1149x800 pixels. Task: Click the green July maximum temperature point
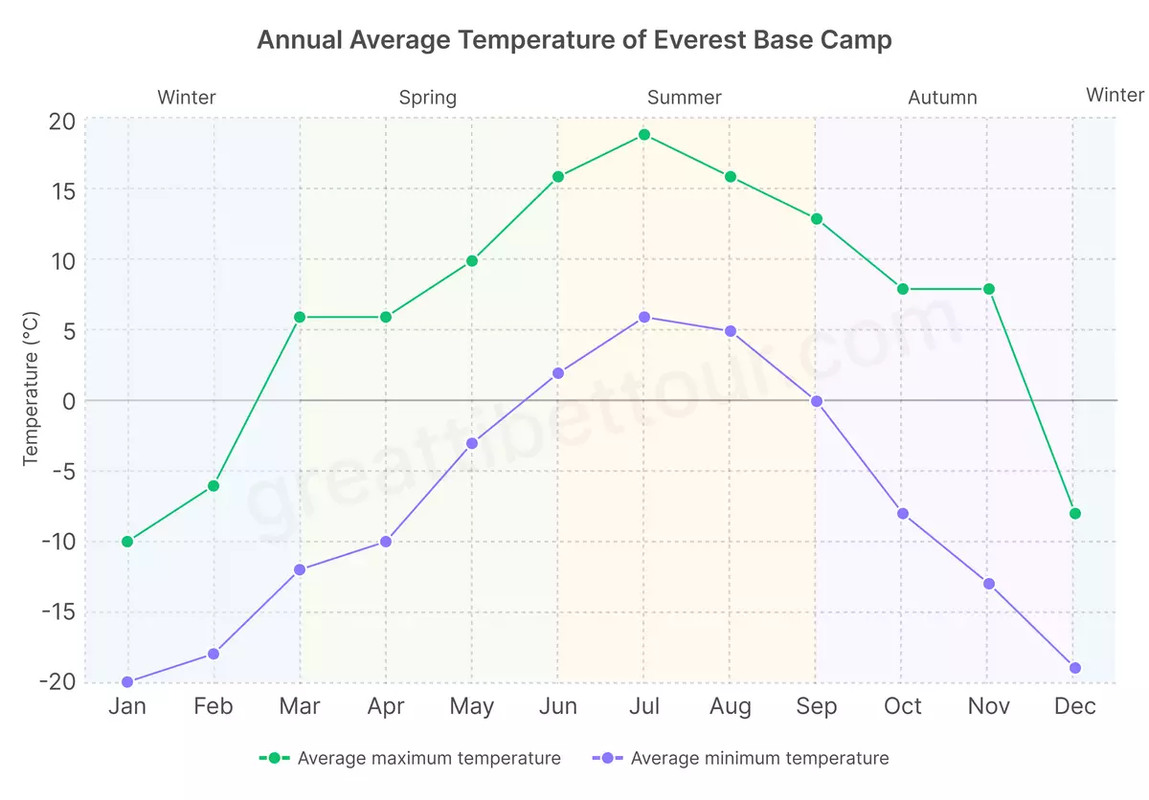[644, 135]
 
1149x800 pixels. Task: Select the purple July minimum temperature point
[644, 317]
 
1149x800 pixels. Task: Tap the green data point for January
[127, 542]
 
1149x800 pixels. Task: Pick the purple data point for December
[1075, 668]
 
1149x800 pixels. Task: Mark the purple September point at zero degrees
[817, 401]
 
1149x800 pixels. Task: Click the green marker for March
[300, 317]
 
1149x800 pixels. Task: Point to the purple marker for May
[472, 443]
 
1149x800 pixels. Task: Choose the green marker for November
[989, 289]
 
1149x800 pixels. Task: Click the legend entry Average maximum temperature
[428, 759]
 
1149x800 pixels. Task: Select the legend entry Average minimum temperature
[759, 759]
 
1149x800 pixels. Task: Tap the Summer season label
[684, 98]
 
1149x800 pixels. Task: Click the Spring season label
[427, 98]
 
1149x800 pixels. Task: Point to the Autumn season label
[942, 98]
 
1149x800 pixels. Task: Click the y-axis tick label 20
[62, 122]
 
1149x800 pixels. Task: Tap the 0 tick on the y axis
[68, 401]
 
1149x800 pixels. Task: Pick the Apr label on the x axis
[386, 707]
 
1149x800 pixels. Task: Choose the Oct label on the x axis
[903, 707]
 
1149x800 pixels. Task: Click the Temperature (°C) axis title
[32, 388]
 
